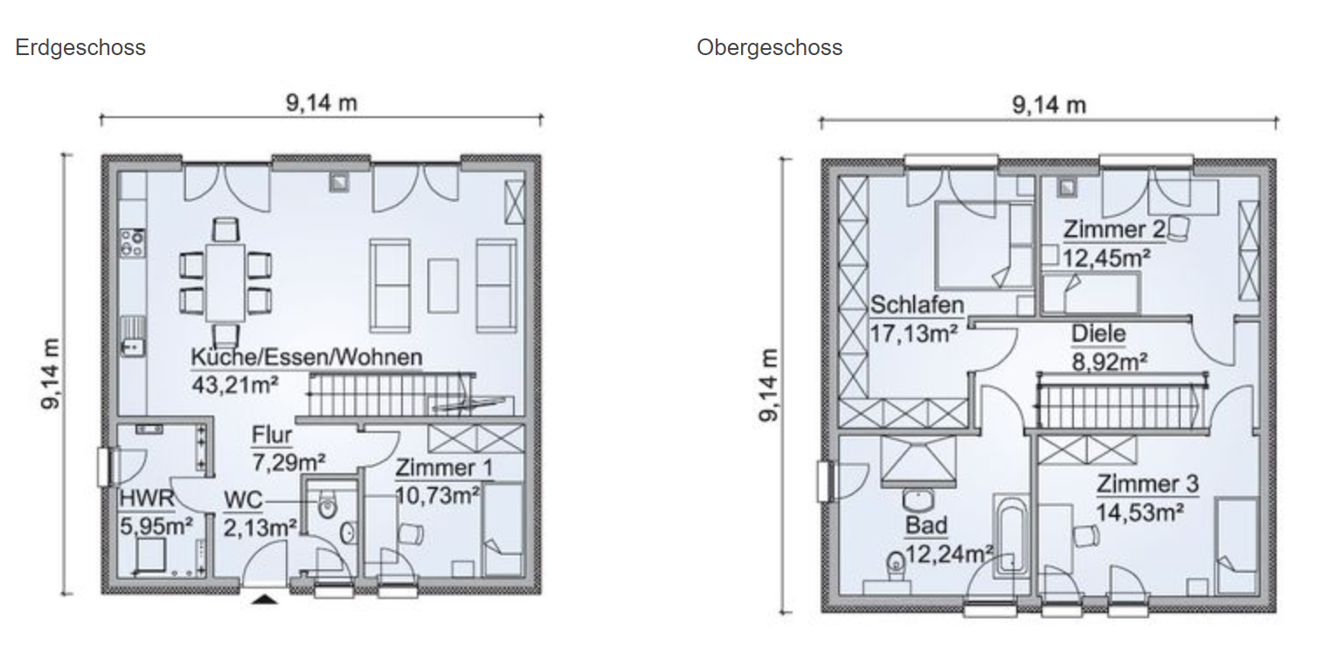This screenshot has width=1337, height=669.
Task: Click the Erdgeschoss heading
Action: (80, 48)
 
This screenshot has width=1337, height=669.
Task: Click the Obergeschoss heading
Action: (769, 48)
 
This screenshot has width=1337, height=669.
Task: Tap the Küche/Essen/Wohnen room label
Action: (307, 357)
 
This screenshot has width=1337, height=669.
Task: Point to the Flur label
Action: (272, 435)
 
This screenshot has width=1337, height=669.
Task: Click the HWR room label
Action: (147, 498)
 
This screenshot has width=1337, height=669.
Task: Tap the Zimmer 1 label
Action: (444, 468)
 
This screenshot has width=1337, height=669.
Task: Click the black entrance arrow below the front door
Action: (265, 598)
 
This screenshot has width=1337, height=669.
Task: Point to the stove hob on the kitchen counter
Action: (133, 242)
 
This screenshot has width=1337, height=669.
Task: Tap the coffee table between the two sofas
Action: (443, 285)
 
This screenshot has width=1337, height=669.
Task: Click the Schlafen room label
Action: (917, 304)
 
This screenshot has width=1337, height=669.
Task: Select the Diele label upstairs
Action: (1098, 334)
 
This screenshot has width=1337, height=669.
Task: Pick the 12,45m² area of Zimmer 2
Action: (1106, 258)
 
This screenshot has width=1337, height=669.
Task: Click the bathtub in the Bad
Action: (1011, 536)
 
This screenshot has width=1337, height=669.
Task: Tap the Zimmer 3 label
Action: (1147, 484)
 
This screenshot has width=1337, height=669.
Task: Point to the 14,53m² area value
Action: (1140, 512)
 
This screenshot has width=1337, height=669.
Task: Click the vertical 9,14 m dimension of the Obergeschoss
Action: (768, 386)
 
